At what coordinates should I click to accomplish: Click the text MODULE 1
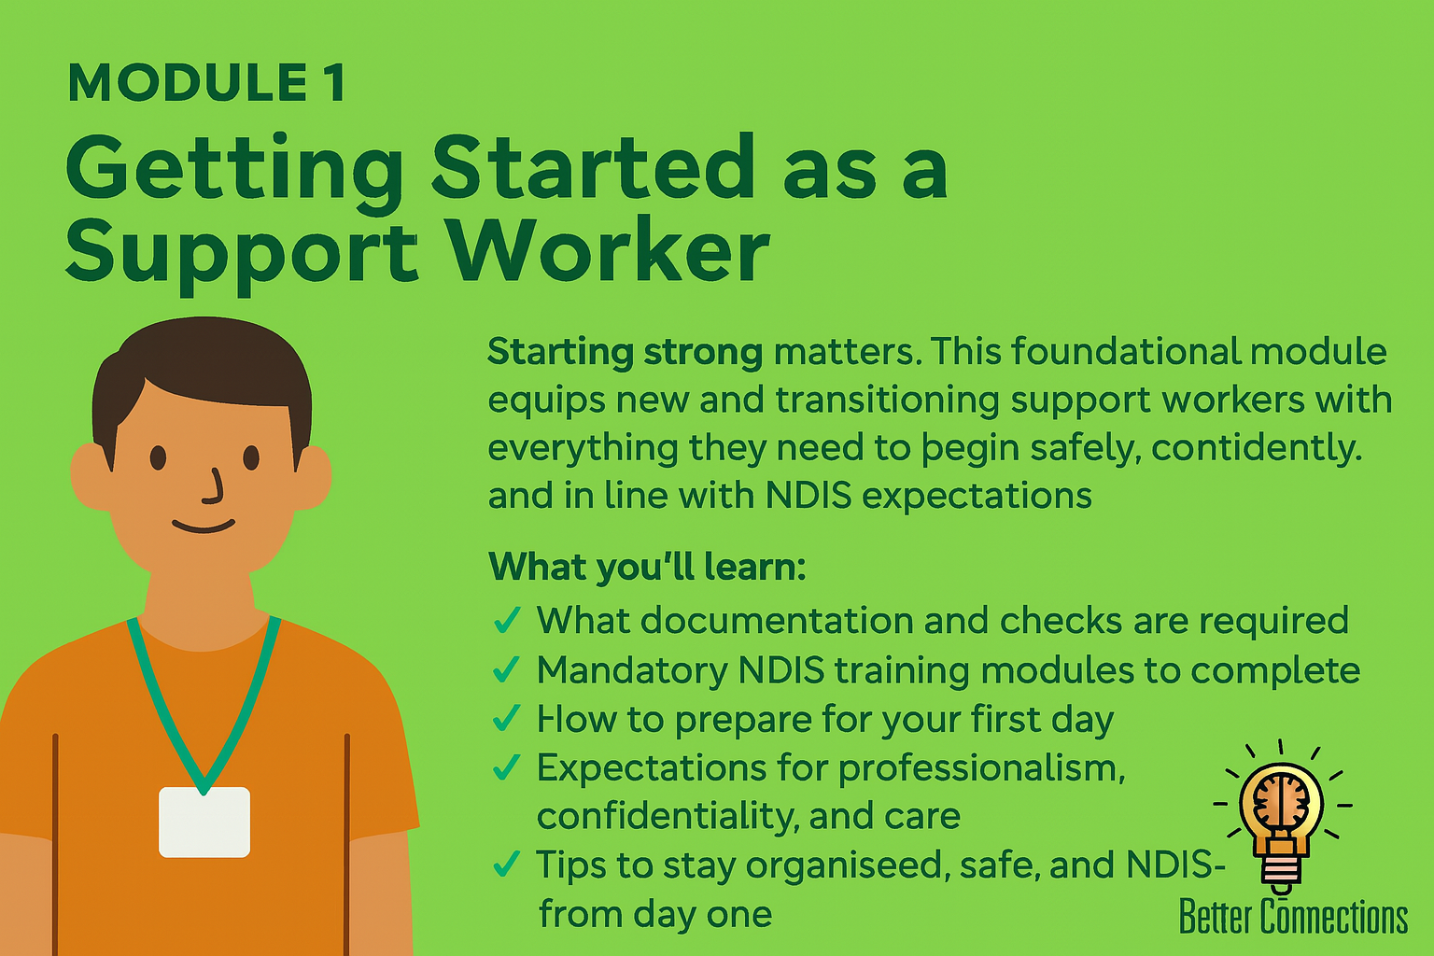206,83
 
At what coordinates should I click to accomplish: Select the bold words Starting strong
625,352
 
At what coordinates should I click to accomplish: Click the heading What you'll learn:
646,567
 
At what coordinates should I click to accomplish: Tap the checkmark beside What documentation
506,620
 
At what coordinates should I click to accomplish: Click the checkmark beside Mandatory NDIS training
506,668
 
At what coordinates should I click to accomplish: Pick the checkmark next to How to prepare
506,718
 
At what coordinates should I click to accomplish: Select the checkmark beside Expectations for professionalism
506,767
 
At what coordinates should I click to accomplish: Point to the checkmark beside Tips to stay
506,865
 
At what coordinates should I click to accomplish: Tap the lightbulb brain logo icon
1281,812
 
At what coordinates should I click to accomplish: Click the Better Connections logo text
1293,917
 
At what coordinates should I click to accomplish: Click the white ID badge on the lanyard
204,822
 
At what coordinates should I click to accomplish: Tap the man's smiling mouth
204,527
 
